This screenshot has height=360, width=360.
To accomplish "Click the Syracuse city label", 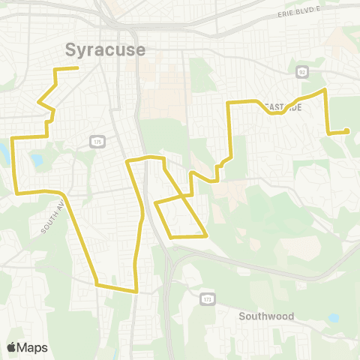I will coord(104,49).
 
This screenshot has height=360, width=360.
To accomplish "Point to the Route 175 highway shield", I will coord(97,140).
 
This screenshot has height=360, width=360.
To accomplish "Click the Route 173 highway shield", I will coord(206,299).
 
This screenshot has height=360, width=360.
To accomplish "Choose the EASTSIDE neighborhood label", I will coord(283,108).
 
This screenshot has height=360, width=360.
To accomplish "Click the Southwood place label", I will coord(266,316).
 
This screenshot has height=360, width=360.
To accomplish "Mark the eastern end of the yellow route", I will coord(347,132).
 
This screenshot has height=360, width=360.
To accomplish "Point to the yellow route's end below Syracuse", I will coord(78,68).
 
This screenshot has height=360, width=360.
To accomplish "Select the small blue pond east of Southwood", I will coord(333,318).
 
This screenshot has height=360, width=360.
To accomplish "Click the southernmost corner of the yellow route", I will coord(136,291).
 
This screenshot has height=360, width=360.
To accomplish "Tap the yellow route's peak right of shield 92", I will coord(324,90).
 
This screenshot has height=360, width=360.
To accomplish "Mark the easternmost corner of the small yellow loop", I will coord(206,235).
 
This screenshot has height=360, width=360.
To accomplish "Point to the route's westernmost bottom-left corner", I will coord(16,193).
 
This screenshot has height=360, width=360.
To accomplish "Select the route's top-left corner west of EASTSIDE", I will coord(229,102).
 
